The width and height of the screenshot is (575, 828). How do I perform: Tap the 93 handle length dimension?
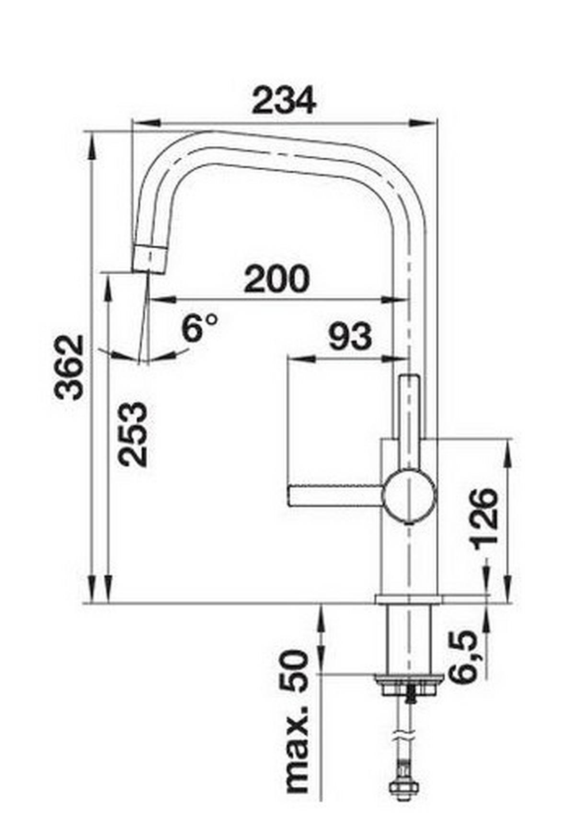point(350,336)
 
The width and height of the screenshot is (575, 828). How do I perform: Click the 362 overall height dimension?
point(70,367)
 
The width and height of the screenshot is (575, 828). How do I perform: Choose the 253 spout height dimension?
point(133,434)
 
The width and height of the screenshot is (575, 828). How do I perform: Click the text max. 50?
point(295,722)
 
